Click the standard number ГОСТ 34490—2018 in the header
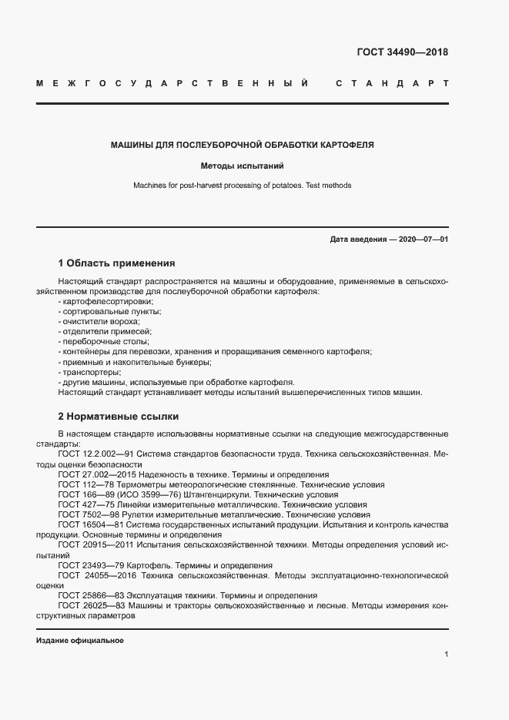[x=402, y=52]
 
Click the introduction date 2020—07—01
[x=423, y=239]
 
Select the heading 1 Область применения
[x=116, y=263]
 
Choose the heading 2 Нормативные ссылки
[x=118, y=417]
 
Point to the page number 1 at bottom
[x=446, y=655]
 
